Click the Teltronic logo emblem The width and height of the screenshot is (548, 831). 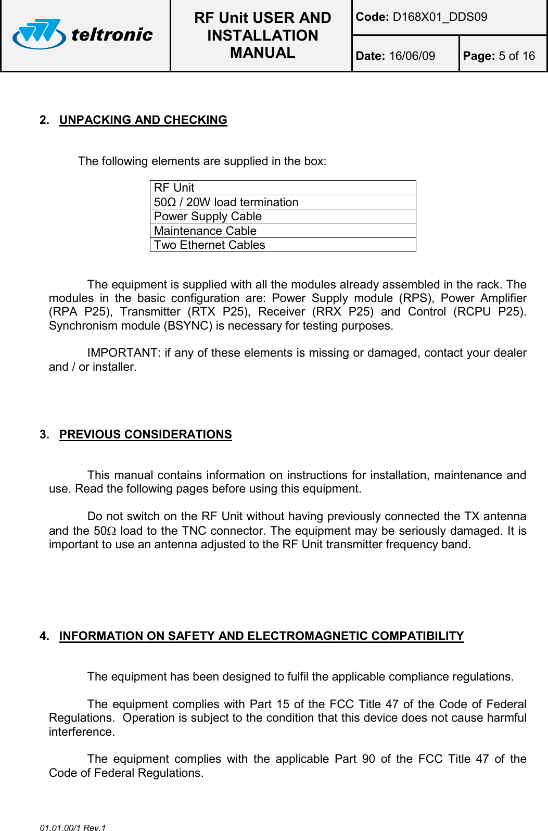click(39, 34)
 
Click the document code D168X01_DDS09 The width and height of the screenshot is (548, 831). click(440, 17)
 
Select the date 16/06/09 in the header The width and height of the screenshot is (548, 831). click(412, 56)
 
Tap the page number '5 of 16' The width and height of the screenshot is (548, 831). click(516, 56)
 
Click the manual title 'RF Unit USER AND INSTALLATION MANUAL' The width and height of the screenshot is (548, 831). click(262, 35)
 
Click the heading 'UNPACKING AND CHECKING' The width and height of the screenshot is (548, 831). click(143, 120)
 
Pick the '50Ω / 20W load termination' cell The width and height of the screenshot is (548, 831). click(226, 203)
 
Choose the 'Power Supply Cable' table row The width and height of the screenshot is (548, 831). click(208, 217)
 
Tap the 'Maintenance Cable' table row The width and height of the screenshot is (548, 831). click(205, 231)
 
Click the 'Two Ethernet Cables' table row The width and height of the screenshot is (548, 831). click(209, 245)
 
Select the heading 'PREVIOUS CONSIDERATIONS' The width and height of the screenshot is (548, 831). click(145, 435)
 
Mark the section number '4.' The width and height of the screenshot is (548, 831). click(45, 636)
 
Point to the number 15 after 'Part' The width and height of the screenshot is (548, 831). click(283, 704)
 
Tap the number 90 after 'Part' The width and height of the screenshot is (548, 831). click(368, 759)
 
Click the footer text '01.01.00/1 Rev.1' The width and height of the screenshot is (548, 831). click(73, 827)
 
